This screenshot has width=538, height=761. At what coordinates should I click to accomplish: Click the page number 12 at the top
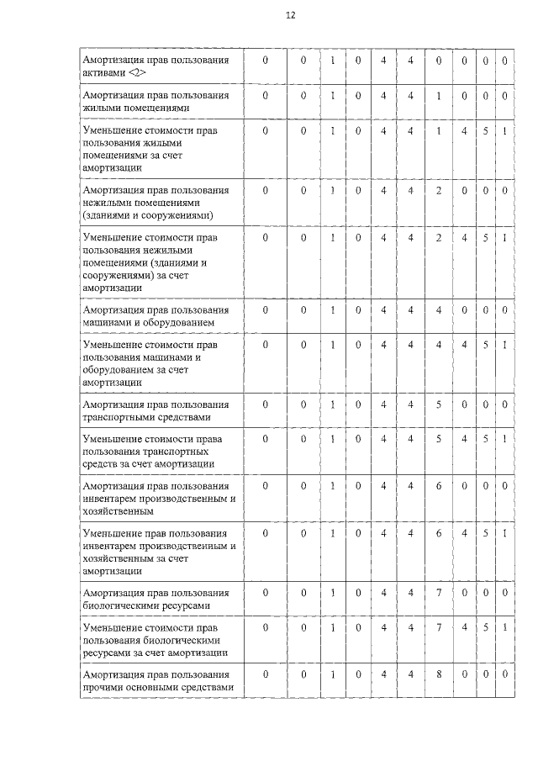tap(291, 15)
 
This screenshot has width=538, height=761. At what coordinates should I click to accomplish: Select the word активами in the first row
tap(102, 73)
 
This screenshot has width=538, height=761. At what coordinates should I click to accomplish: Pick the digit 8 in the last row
tap(438, 674)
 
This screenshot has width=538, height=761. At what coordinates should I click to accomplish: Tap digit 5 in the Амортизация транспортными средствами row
tap(438, 404)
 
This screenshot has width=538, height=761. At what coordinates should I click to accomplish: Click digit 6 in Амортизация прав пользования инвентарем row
tap(438, 486)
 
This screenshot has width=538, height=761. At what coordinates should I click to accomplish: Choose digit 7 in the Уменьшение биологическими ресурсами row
tap(438, 628)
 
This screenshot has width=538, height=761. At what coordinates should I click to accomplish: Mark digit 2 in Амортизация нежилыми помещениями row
tap(438, 191)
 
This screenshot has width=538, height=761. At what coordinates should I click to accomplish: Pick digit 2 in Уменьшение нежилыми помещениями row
tap(438, 238)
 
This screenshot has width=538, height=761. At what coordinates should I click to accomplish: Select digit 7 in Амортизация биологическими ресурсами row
tap(438, 593)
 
